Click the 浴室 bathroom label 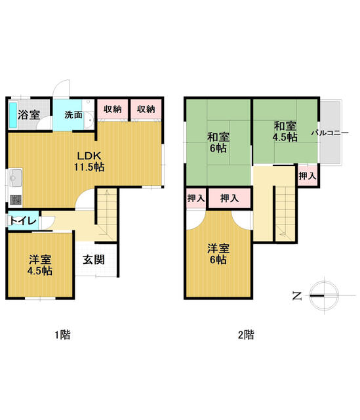click(x=29, y=115)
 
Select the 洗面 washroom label click(x=73, y=115)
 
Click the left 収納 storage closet click(x=112, y=110)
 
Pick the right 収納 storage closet click(x=146, y=110)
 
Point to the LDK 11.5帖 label click(x=89, y=161)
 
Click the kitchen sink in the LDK click(x=16, y=178)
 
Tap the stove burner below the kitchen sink click(x=16, y=200)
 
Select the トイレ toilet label click(x=23, y=221)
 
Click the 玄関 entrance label click(x=93, y=260)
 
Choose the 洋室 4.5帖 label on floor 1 click(x=40, y=265)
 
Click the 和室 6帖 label click(x=218, y=142)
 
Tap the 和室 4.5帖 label click(x=285, y=131)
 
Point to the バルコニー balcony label click(x=330, y=133)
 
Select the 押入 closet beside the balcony click(x=308, y=176)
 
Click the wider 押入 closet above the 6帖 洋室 click(x=230, y=198)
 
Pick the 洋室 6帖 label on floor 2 click(x=218, y=254)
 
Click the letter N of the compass click(x=297, y=296)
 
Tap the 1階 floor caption click(x=62, y=335)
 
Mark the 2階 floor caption click(x=246, y=335)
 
